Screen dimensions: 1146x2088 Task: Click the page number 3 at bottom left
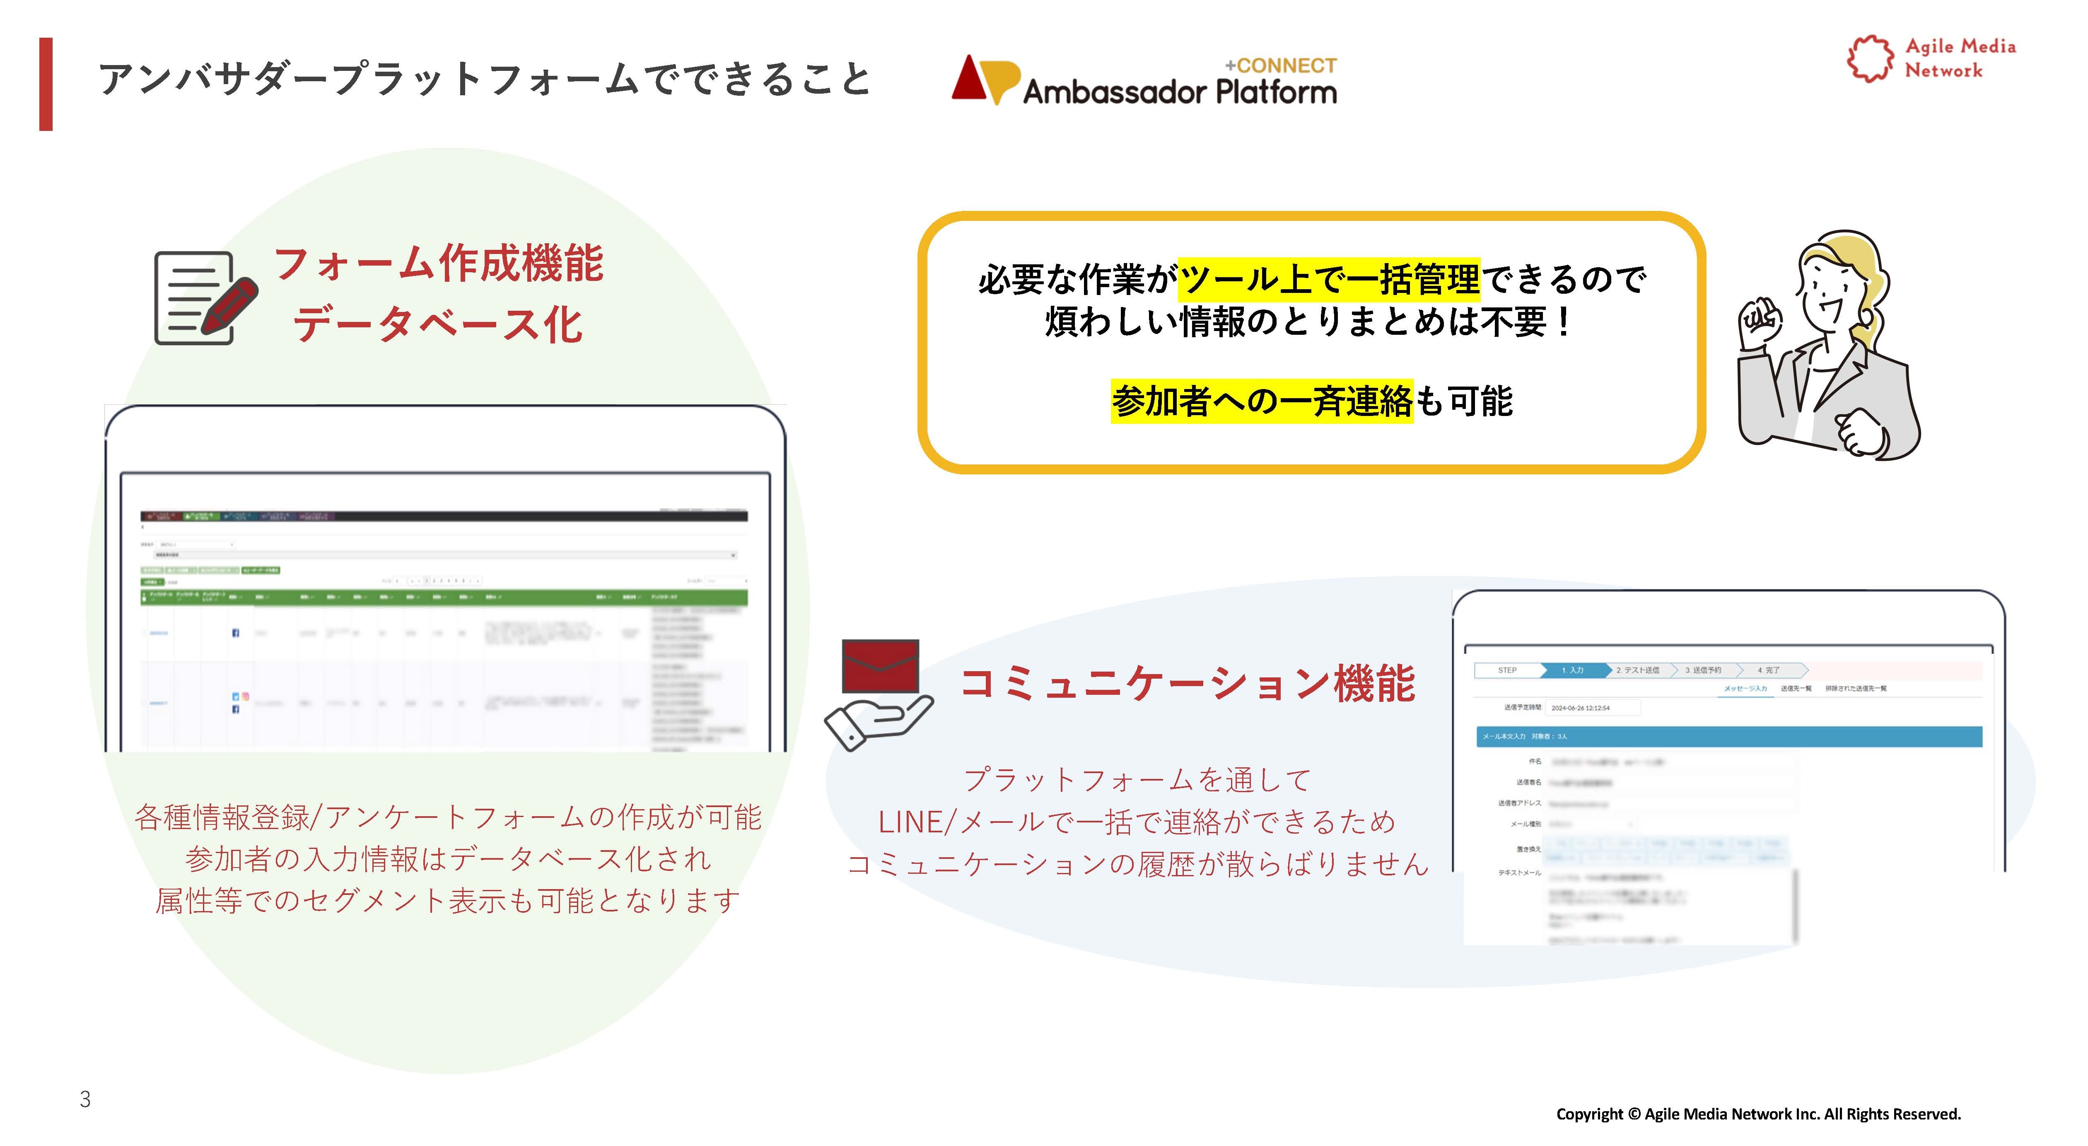85,1099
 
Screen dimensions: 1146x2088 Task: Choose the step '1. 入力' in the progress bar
1572,670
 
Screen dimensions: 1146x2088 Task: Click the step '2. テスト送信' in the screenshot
1637,670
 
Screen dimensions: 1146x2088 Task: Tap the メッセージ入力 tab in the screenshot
1745,689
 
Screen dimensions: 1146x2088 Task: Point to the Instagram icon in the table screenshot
245,696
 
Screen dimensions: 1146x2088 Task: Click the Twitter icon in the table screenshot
235,696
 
